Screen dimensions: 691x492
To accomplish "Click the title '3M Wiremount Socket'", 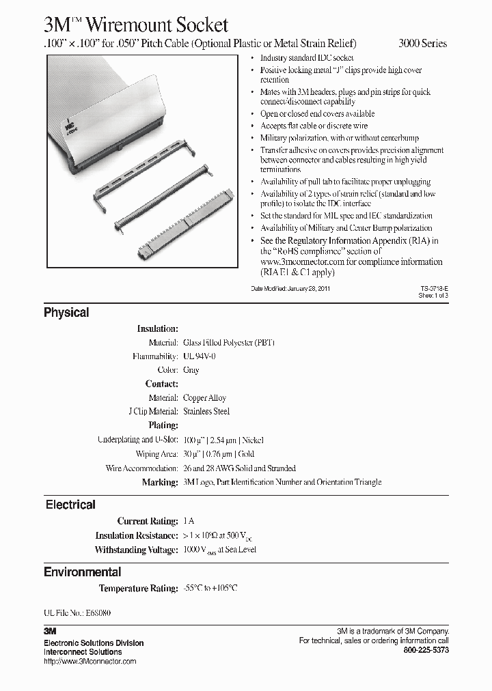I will point(136,25).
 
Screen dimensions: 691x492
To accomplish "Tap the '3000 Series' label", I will point(422,43).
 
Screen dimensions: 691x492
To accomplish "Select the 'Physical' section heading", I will point(66,313).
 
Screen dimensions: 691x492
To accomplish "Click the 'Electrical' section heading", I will point(70,505).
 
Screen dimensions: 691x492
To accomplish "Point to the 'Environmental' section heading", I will point(83,572).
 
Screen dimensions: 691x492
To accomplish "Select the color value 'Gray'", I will point(191,369).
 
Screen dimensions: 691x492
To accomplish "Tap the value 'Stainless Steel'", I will point(206,411).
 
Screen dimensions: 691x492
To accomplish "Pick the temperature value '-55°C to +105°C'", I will point(210,588).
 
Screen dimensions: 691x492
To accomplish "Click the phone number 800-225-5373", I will point(426,650).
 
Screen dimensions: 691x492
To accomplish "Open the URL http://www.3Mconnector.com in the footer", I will point(90,661).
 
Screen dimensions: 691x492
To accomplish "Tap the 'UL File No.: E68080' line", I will point(77,613).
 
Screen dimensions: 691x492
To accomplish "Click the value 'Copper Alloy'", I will point(204,397).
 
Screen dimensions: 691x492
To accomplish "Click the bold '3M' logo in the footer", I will point(49,632).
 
